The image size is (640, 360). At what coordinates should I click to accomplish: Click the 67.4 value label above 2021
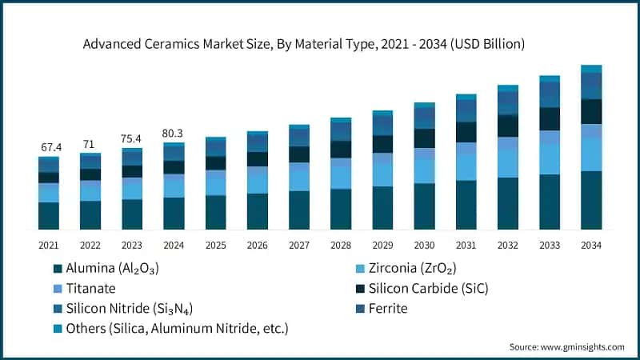click(x=49, y=148)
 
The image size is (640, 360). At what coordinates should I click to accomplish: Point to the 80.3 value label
click(x=174, y=134)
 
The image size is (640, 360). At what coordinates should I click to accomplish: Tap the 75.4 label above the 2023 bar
click(x=132, y=139)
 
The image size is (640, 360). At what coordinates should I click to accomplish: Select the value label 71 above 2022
click(x=90, y=144)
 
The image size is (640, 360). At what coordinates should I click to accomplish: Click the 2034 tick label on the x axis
click(x=590, y=244)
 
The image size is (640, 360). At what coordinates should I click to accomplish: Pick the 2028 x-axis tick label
click(x=340, y=244)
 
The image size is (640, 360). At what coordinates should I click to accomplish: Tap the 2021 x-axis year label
click(x=49, y=244)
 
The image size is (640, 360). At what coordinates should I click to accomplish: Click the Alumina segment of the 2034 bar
click(x=590, y=200)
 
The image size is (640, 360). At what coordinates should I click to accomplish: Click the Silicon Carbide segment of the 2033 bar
click(x=549, y=118)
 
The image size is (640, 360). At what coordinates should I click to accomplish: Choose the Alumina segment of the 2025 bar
click(x=215, y=212)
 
